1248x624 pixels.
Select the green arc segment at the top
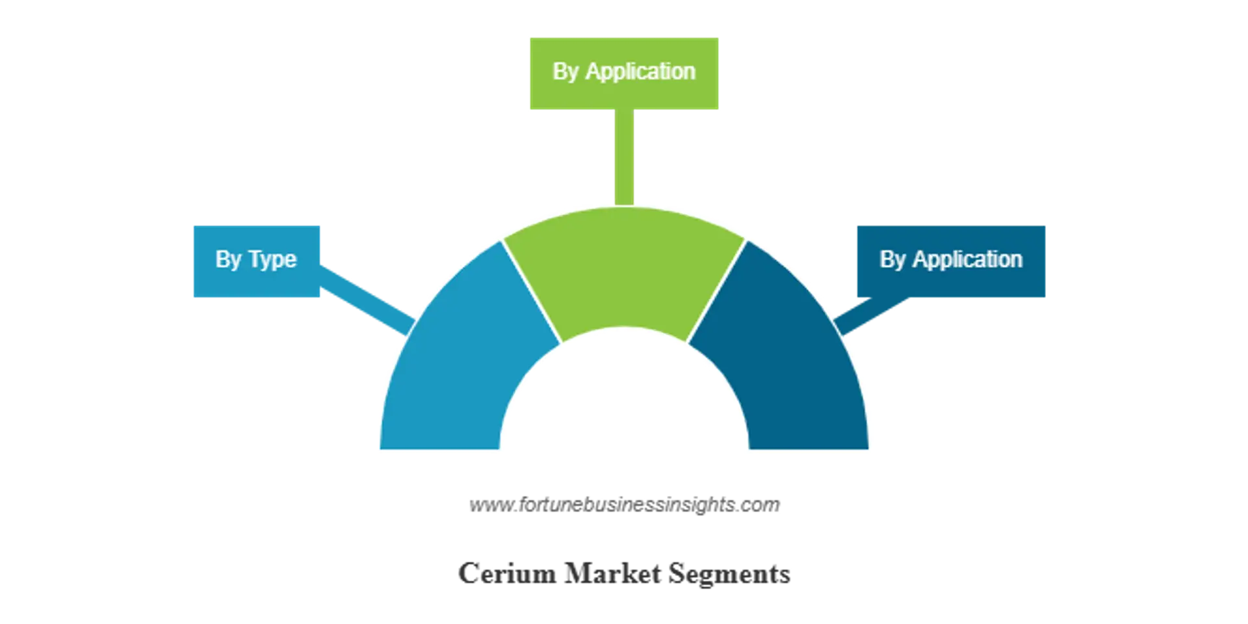click(624, 273)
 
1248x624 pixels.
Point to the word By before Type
click(228, 260)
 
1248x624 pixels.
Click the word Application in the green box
click(640, 71)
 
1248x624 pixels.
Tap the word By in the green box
click(565, 71)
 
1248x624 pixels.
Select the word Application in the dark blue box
click(967, 259)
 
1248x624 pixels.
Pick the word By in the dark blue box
click(892, 259)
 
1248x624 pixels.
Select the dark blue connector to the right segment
click(871, 316)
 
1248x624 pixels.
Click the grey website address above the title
click(625, 506)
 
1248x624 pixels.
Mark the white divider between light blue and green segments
click(532, 291)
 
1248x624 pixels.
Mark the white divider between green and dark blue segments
click(716, 291)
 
